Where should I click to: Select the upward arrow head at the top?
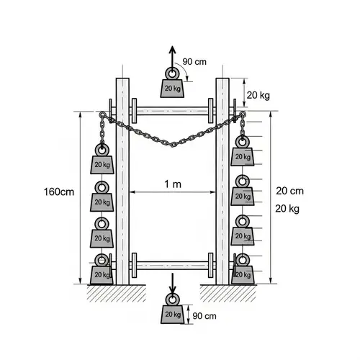[172, 50]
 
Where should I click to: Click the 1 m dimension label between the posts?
[173, 185]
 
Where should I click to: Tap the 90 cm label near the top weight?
[195, 62]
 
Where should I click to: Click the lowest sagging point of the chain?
[172, 144]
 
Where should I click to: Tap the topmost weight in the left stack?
[102, 164]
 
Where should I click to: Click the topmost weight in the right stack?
[243, 156]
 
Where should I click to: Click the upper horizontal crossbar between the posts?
[172, 111]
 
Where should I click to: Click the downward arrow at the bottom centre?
[172, 282]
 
